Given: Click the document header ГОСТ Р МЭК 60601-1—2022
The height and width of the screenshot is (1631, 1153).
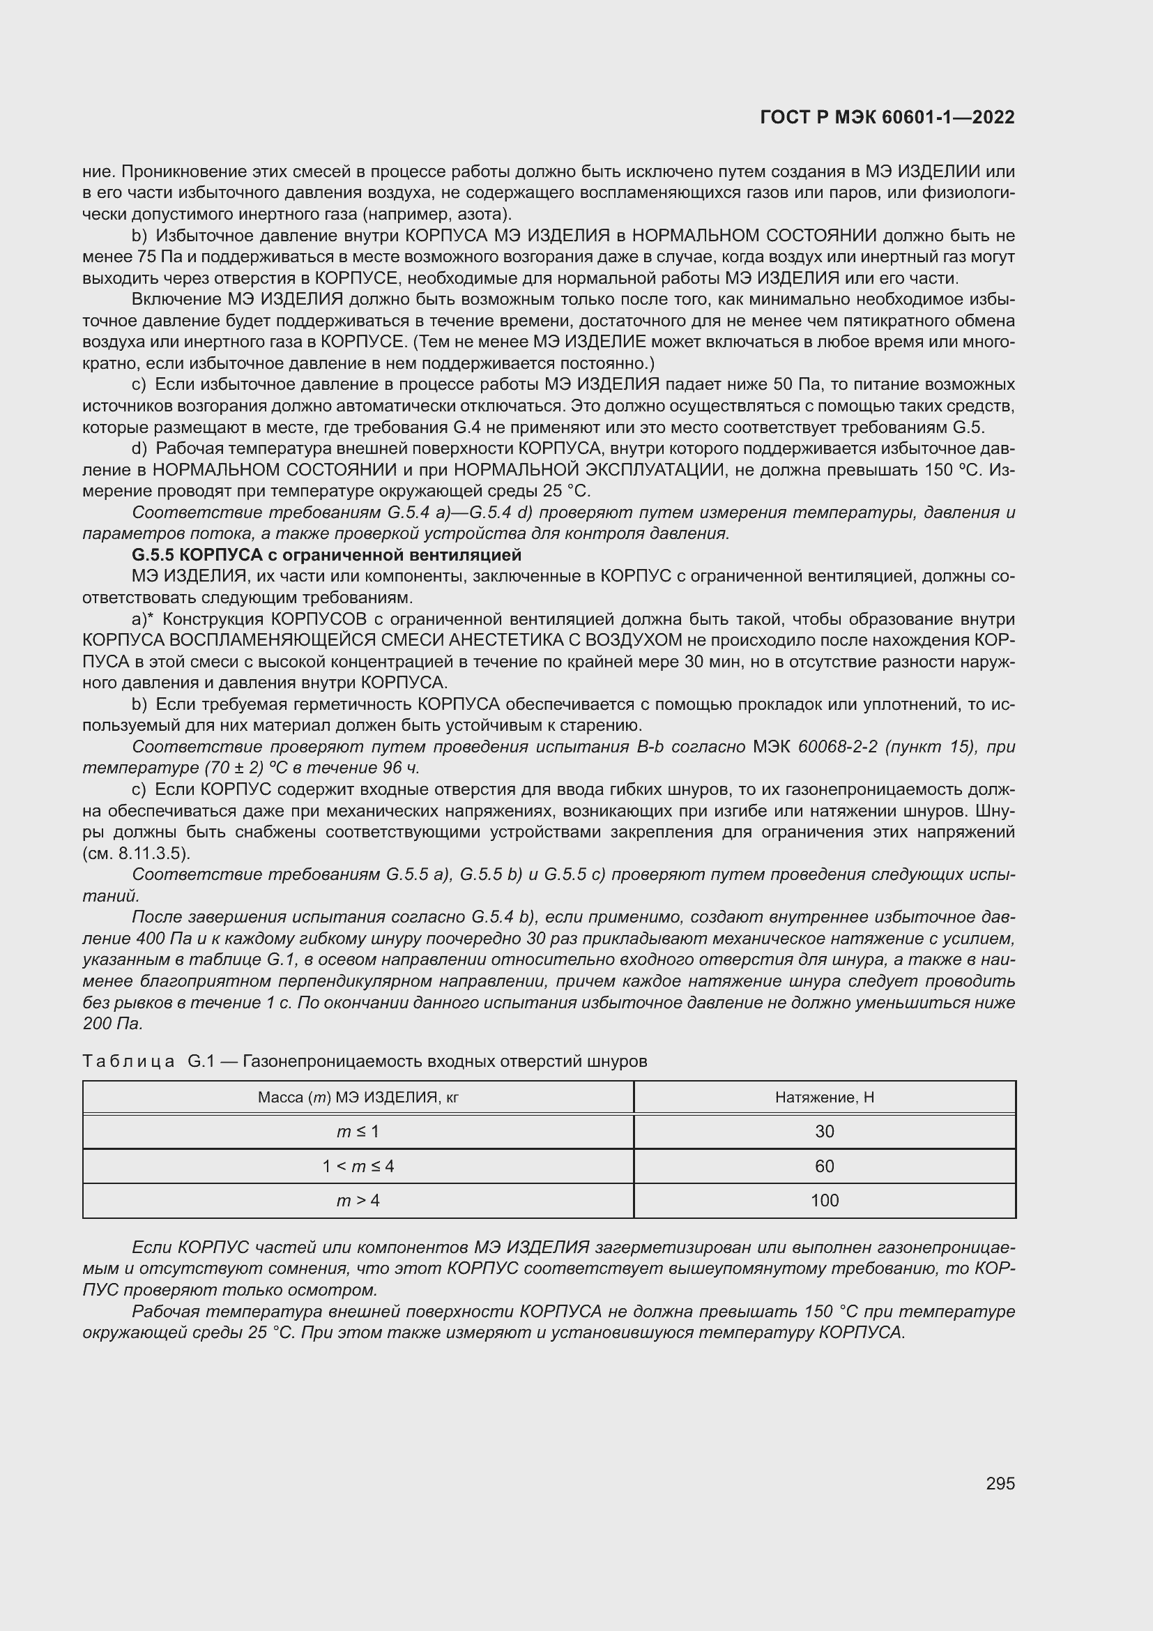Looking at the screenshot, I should (x=887, y=118).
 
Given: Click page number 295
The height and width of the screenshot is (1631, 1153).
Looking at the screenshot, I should (x=1000, y=1483).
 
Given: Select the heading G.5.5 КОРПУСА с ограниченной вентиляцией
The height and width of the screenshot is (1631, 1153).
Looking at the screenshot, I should (x=326, y=555).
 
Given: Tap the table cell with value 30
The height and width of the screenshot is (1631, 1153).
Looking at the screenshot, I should (x=824, y=1132).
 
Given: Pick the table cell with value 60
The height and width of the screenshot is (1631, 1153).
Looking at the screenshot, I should (x=824, y=1166).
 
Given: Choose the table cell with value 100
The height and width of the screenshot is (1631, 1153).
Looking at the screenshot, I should (x=824, y=1201).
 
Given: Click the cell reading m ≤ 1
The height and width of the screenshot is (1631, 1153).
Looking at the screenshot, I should (x=358, y=1132).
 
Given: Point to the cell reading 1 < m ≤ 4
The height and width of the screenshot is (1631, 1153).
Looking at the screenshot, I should (x=358, y=1166).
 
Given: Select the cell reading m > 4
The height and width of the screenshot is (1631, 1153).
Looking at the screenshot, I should (x=358, y=1201).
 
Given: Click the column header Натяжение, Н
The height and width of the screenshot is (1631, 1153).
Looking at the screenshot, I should (x=824, y=1098).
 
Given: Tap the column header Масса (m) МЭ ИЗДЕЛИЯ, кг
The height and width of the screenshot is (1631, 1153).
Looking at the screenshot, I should (x=358, y=1098).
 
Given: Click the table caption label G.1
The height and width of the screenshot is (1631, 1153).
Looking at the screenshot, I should (x=201, y=1061).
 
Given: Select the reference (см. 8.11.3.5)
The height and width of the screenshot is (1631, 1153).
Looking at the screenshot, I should (x=137, y=853).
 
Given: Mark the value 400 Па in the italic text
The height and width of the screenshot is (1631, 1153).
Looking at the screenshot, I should (x=162, y=939).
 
